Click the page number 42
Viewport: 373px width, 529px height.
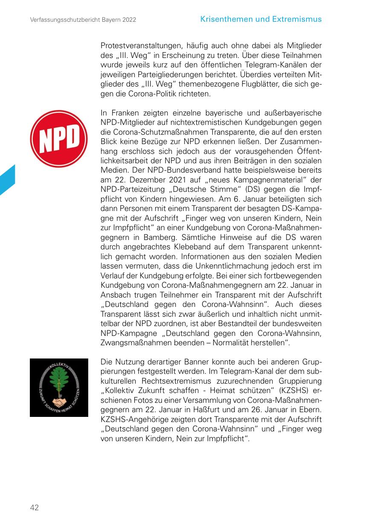click(34, 507)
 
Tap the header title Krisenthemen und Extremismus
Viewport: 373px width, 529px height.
click(261, 19)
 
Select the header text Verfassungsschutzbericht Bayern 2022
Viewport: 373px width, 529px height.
click(83, 20)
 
